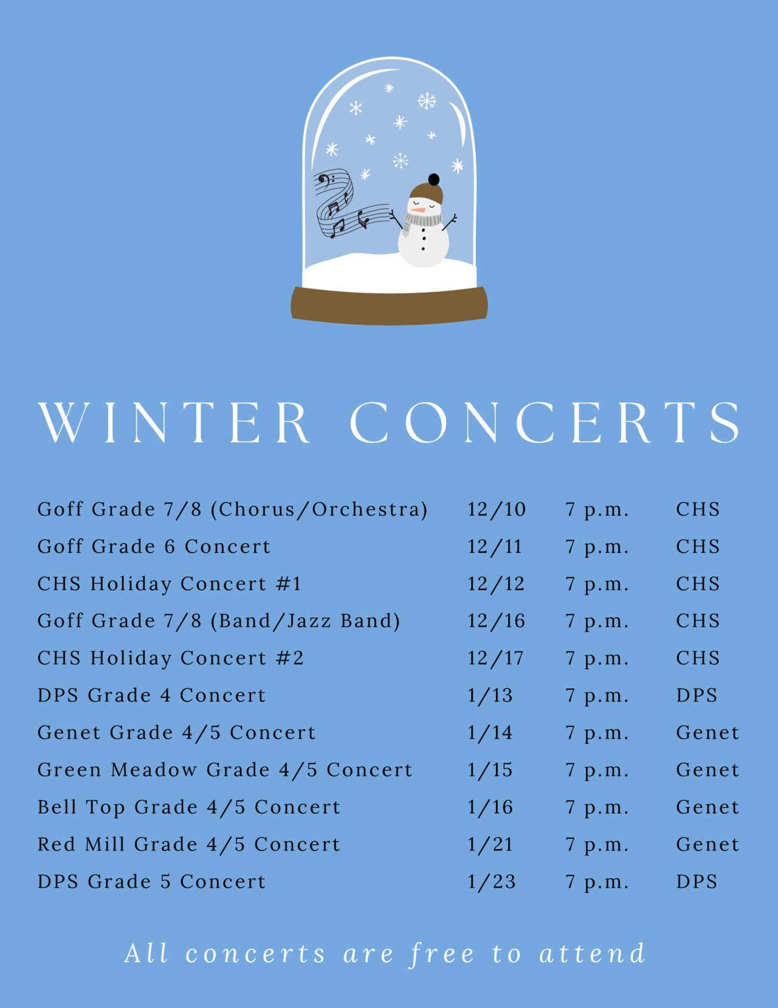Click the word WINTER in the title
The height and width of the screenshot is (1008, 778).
click(x=174, y=422)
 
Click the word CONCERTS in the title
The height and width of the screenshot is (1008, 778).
click(x=545, y=422)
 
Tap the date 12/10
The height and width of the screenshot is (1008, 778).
click(x=496, y=509)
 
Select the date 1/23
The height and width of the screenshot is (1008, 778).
click(x=491, y=881)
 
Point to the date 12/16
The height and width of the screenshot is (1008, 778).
click(x=496, y=621)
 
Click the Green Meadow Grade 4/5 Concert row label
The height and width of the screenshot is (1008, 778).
click(x=225, y=770)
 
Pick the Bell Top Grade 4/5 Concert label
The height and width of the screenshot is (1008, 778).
click(x=189, y=807)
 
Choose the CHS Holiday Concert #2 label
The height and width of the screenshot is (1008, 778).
click(x=171, y=658)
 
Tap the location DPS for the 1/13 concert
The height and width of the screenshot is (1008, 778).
click(x=697, y=695)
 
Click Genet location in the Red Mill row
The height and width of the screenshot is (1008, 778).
click(x=707, y=844)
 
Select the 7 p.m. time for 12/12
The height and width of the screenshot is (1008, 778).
click(x=597, y=584)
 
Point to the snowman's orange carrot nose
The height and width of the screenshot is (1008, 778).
click(x=416, y=209)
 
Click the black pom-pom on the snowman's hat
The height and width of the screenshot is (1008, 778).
click(x=433, y=179)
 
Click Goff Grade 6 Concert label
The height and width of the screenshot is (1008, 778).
click(x=154, y=546)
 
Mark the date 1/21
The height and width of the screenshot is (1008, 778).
click(x=490, y=844)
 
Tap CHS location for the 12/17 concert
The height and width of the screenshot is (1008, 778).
click(x=698, y=658)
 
